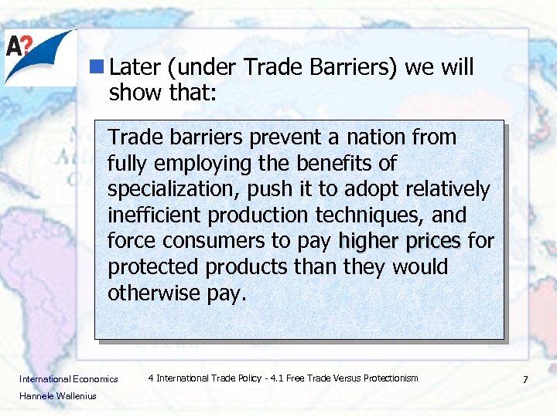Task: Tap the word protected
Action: tap(152, 267)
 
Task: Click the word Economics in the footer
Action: tap(95, 379)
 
